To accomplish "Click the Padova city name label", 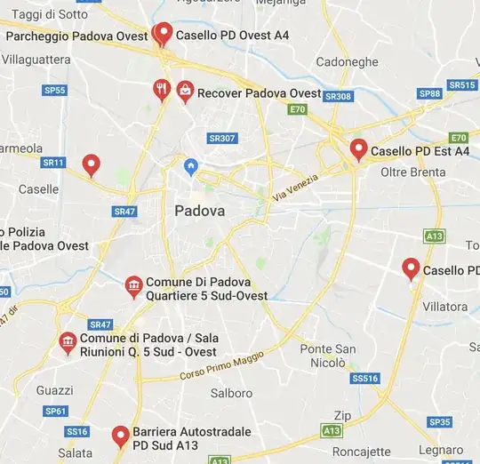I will pyautogui.click(x=200, y=212).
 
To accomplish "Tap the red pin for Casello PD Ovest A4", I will pyautogui.click(x=163, y=34).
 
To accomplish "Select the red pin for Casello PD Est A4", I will pyautogui.click(x=358, y=149).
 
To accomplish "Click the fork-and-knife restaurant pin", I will pyautogui.click(x=161, y=89).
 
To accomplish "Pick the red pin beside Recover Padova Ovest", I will pyautogui.click(x=185, y=91).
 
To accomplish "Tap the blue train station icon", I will pyautogui.click(x=189, y=166).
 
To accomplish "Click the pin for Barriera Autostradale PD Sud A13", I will pyautogui.click(x=120, y=436).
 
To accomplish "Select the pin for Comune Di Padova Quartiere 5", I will pyautogui.click(x=133, y=286).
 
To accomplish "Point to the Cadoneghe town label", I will pyautogui.click(x=347, y=62).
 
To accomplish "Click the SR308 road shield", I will pyautogui.click(x=338, y=96).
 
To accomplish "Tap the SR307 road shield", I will pyautogui.click(x=221, y=138).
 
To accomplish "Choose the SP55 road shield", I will pyautogui.click(x=55, y=90).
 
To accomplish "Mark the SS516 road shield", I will pyautogui.click(x=364, y=379).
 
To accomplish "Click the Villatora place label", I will pyautogui.click(x=444, y=307).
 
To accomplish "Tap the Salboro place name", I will pyautogui.click(x=231, y=393).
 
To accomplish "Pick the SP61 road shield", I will pyautogui.click(x=55, y=411).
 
